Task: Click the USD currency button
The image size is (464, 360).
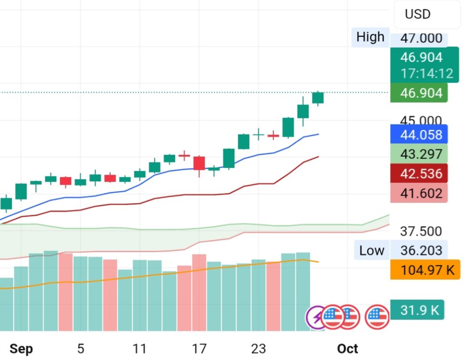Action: tap(417, 14)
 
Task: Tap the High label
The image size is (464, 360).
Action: tap(370, 37)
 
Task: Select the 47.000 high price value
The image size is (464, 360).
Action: tap(421, 38)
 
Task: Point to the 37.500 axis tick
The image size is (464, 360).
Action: tap(421, 231)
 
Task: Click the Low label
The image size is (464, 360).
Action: tap(372, 250)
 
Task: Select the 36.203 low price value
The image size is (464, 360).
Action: tap(421, 250)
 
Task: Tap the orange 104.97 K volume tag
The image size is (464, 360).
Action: tap(425, 271)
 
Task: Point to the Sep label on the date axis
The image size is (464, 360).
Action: tap(21, 348)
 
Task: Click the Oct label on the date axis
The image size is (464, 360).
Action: tap(348, 348)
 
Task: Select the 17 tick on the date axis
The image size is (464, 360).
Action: tap(199, 348)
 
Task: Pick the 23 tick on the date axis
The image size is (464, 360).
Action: tap(258, 348)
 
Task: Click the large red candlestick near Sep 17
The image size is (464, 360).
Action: tap(199, 163)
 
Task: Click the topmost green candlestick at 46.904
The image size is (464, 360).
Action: tap(318, 97)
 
